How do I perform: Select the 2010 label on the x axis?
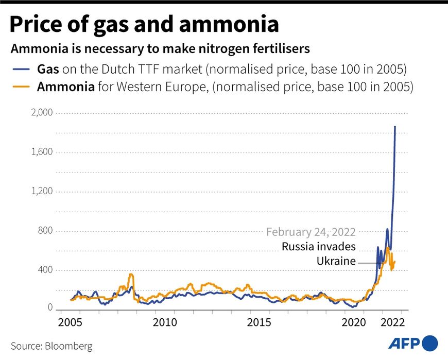click(x=165, y=322)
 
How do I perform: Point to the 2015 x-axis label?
click(x=260, y=322)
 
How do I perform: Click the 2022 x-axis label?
click(x=392, y=322)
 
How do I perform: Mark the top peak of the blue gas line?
click(x=395, y=127)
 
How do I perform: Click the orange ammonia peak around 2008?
click(x=131, y=275)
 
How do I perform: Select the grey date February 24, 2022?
click(x=311, y=232)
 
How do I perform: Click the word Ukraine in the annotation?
click(x=336, y=261)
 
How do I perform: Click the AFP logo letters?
click(x=404, y=342)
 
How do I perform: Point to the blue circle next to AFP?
click(x=430, y=342)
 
